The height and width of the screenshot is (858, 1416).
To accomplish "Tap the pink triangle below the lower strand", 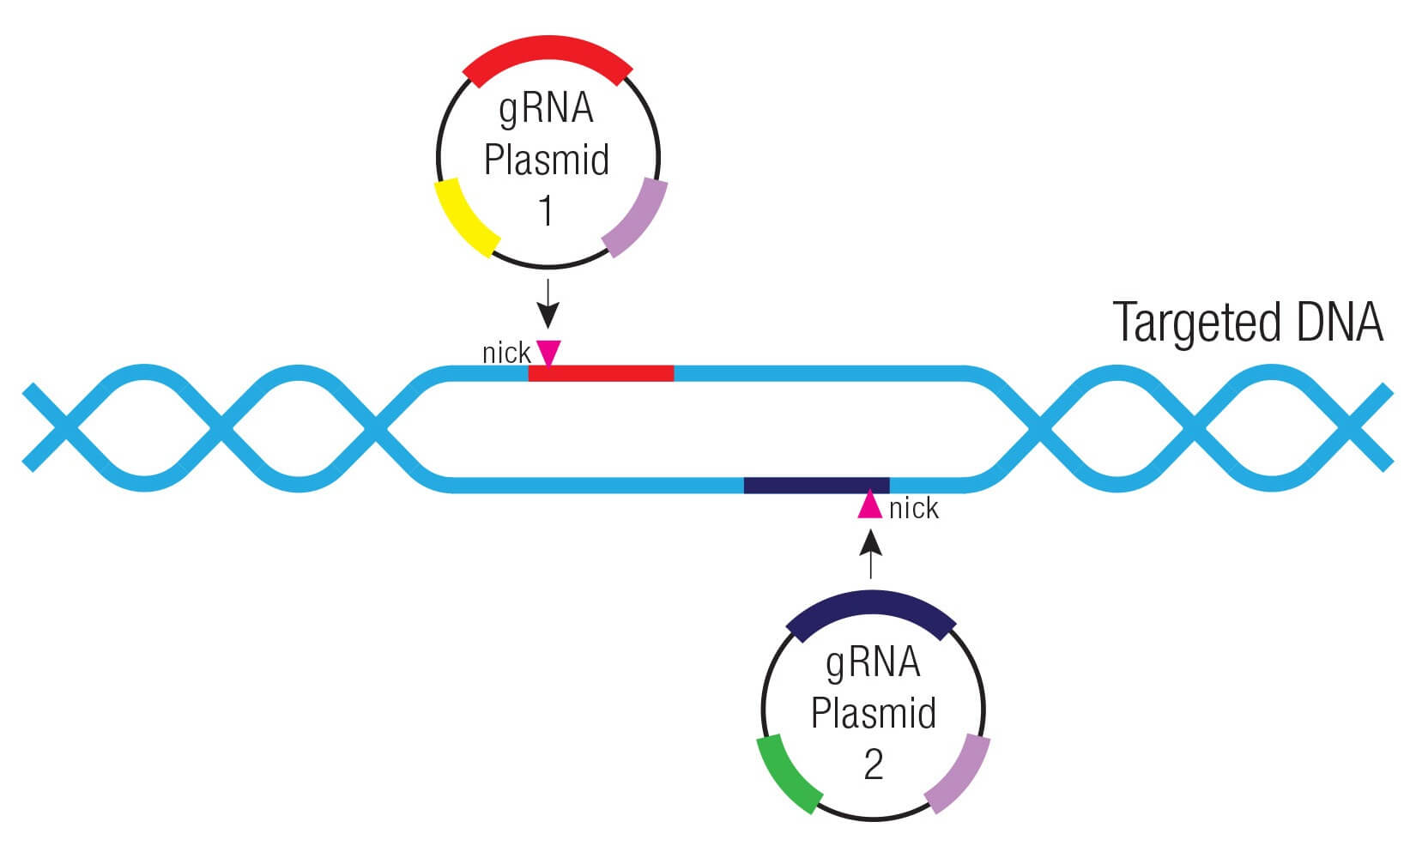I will tap(870, 505).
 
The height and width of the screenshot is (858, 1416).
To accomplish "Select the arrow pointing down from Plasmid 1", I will tap(548, 305).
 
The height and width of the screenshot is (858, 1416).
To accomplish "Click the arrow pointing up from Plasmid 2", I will tap(870, 553).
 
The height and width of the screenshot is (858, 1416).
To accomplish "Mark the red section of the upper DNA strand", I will tap(601, 373).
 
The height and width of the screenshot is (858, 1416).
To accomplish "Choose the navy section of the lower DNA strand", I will tap(816, 485).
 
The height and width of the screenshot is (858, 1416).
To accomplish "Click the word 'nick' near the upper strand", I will tap(506, 353).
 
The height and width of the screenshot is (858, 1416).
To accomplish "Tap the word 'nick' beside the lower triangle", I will tap(914, 509).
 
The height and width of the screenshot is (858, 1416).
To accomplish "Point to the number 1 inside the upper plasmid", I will tap(547, 210).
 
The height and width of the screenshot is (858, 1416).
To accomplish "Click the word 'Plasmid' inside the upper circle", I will tap(547, 160).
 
